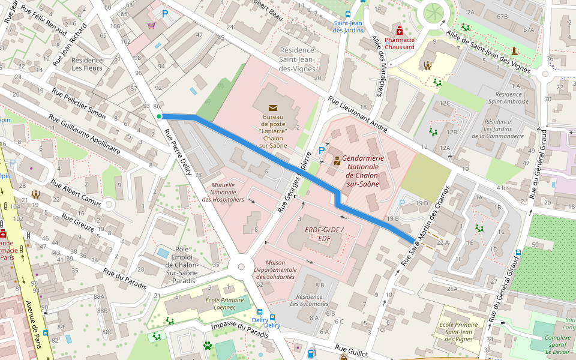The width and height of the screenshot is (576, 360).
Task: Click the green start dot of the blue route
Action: click(158, 116)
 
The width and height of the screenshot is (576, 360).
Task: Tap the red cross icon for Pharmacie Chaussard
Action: click(400, 31)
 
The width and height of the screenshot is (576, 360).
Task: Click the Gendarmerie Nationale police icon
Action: click(337, 160)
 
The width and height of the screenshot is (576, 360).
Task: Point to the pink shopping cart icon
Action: click(151, 25)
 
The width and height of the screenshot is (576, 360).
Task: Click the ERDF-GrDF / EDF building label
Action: click(323, 233)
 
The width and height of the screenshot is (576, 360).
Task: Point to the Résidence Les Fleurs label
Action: click(88, 64)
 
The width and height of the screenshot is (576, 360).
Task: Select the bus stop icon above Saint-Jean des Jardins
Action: click(348, 14)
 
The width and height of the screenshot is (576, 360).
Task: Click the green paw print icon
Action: click(208, 346)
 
